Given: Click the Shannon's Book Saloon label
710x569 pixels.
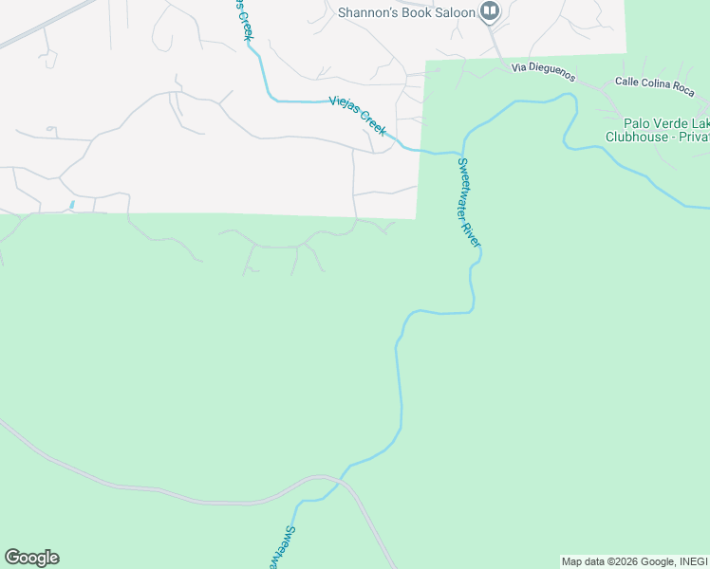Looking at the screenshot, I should pos(406,11).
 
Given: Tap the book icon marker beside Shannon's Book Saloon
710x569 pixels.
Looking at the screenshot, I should pos(490,11).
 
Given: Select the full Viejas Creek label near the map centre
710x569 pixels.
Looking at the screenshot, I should pos(357,116).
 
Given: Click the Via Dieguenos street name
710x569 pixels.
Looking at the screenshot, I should pos(545,68).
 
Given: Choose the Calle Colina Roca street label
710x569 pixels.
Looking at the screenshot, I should pos(655,86).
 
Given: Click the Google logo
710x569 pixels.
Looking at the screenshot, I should pos(31,558).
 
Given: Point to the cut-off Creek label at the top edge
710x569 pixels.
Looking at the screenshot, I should pos(244,19).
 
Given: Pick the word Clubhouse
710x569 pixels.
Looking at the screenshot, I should pos(640,137).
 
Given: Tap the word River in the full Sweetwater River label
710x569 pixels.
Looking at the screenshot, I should pos(474,229).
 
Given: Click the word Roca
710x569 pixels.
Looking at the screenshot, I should pos(681,89).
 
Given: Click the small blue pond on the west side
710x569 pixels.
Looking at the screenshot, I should pos(72,205).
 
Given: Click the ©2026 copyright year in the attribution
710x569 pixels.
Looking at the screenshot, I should pos(620,561).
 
